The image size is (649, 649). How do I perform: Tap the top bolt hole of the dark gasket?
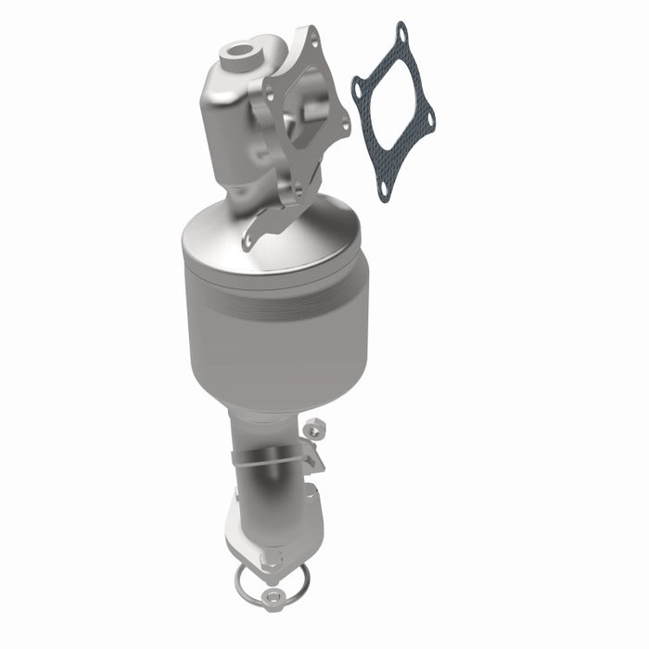[401, 36]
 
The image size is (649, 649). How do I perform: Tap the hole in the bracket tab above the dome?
[249, 242]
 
